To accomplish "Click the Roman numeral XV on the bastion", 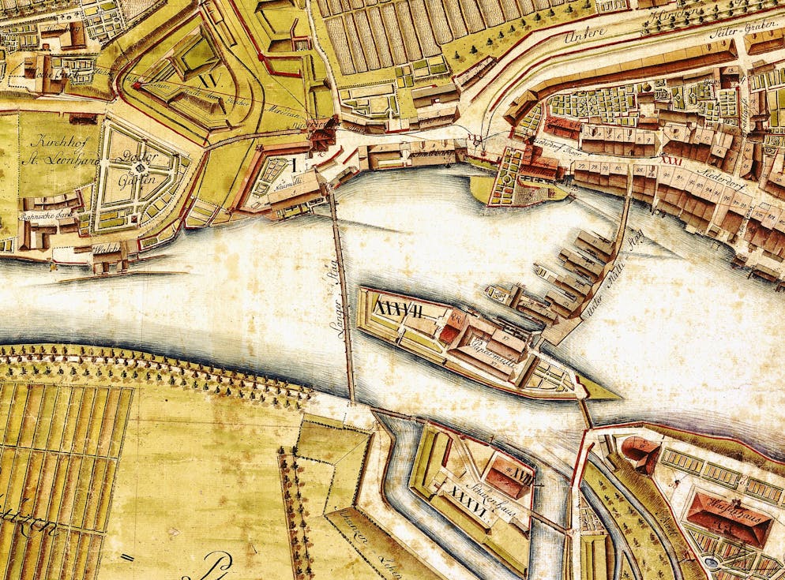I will pos(208,80).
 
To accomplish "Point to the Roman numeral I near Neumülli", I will pos(294,165).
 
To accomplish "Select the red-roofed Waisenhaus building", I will pos(727,517).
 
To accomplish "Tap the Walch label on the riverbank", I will pos(103,248).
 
